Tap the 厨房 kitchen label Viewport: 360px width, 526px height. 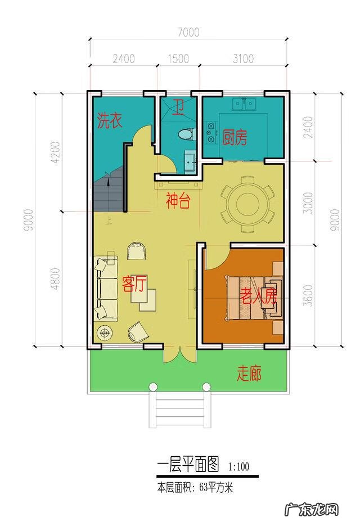235,138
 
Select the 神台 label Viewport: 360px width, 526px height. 177,202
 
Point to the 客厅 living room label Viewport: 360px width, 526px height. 134,285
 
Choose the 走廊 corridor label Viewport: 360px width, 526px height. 249,373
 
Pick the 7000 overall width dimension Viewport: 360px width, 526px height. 188,33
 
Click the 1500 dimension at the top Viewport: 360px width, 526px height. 178,59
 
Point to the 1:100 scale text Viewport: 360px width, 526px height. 239,466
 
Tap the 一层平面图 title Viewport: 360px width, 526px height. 187,465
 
